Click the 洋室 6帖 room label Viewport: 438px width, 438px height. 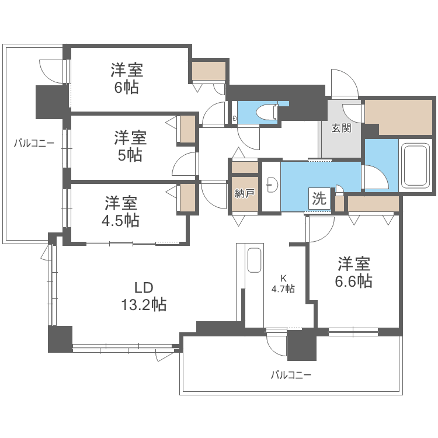pyautogui.click(x=127, y=79)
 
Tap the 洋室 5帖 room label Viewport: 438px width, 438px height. pyautogui.click(x=130, y=146)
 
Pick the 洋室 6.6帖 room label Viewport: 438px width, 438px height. pyautogui.click(x=353, y=272)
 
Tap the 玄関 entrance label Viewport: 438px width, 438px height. pyautogui.click(x=341, y=128)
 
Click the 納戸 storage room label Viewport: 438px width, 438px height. pyautogui.click(x=244, y=193)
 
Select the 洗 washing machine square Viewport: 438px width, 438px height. pyautogui.click(x=319, y=199)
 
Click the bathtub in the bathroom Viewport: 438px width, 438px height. pyautogui.click(x=416, y=165)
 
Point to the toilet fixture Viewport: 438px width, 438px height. pyautogui.click(x=268, y=112)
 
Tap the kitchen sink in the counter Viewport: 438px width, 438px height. pyautogui.click(x=255, y=260)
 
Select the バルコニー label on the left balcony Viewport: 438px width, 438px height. pyautogui.click(x=34, y=142)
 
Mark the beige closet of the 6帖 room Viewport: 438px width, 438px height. pyautogui.click(x=208, y=71)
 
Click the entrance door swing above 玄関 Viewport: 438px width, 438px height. pyautogui.click(x=345, y=83)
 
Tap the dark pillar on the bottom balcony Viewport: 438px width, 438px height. pyautogui.click(x=301, y=346)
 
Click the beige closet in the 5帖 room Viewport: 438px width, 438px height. pyautogui.click(x=187, y=130)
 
